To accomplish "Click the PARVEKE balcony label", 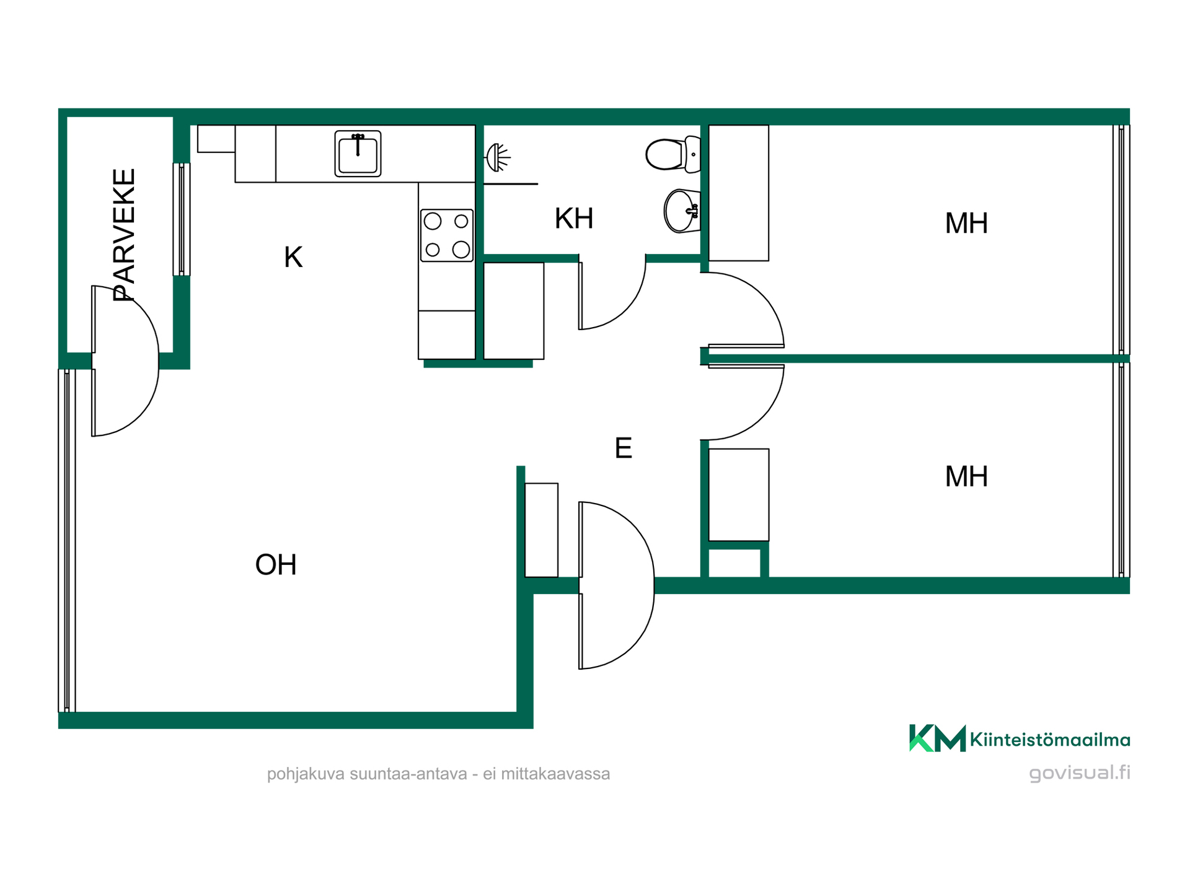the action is coord(124,235).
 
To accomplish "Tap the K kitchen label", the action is coord(293,257).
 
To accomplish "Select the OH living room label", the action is coord(276,564).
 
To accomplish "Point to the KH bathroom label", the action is coord(574,218).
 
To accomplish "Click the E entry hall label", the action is coord(623,448).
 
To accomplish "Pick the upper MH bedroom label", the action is coord(966,223).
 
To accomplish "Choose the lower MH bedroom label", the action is coord(966,476).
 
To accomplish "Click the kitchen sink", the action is coord(358,154).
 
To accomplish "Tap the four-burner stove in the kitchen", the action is coord(447,235).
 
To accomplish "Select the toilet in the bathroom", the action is coord(673,154).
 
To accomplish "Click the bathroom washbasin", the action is coord(682,211).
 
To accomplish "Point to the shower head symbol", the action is coord(498,157).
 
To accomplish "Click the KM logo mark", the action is coord(937,738).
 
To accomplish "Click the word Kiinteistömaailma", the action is coord(1050,740).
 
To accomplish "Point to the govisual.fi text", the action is coord(1080,773).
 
